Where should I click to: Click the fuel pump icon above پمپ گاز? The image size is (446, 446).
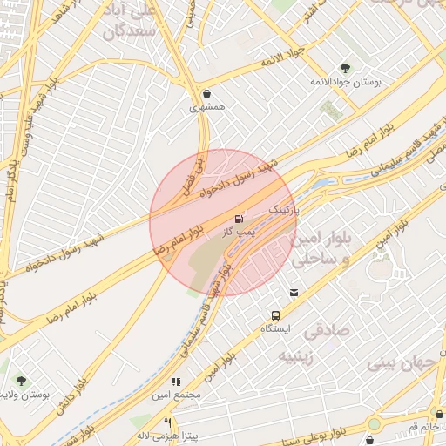tap(239, 219)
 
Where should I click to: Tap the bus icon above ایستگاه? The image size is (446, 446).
tap(276, 315)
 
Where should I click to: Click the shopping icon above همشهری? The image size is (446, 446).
tap(206, 94)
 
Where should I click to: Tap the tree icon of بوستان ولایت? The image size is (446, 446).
tap(20, 381)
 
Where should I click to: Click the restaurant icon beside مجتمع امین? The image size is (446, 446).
tap(175, 382)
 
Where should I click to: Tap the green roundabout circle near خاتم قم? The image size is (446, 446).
tap(375, 424)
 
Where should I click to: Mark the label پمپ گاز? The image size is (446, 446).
tap(236, 233)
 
